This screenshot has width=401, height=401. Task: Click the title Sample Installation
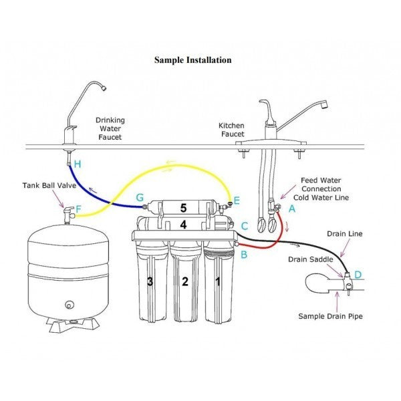click(x=193, y=60)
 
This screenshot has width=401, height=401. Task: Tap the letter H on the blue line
click(x=78, y=164)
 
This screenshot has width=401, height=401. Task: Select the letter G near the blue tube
click(x=139, y=198)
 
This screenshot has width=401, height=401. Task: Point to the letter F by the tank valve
click(x=78, y=210)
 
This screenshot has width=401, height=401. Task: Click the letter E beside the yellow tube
click(x=236, y=199)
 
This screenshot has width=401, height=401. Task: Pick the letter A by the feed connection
click(x=291, y=209)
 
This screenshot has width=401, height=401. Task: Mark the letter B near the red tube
click(x=244, y=255)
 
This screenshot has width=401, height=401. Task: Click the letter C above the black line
click(x=245, y=227)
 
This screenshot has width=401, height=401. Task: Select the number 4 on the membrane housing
click(x=183, y=225)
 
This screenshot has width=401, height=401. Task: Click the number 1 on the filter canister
click(x=217, y=281)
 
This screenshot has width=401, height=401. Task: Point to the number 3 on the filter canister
click(x=150, y=281)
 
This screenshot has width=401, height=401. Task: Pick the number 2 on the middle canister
click(x=185, y=281)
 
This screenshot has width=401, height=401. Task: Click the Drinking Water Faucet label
click(x=110, y=129)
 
